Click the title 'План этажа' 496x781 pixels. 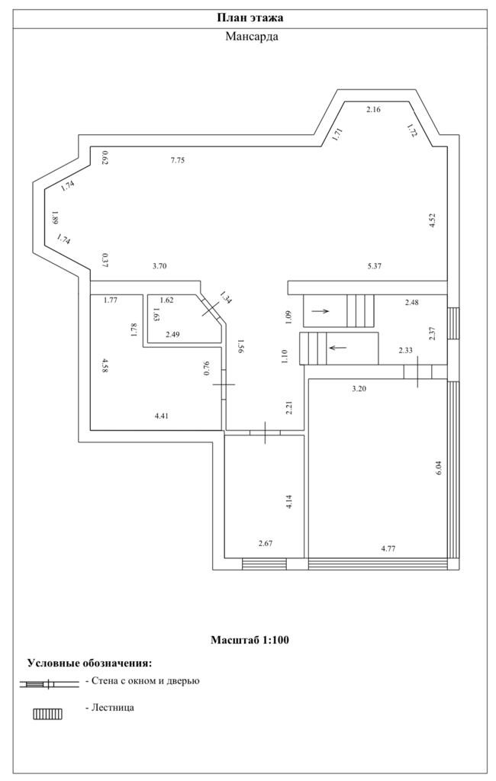250,18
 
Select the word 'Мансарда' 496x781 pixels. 251,36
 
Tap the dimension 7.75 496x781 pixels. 178,160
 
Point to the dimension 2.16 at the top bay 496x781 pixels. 373,110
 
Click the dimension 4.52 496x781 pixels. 432,222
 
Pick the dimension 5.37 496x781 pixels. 374,266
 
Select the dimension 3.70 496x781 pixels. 159,266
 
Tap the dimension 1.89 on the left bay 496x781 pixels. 54,217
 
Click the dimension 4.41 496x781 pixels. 162,416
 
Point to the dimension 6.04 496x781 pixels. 438,468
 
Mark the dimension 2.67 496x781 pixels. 266,544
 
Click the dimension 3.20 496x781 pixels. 359,389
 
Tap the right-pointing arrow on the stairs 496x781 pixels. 320,311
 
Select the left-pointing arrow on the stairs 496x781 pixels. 337,348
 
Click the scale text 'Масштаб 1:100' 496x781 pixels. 250,640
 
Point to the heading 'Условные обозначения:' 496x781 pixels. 90,663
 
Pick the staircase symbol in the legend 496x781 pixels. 47,714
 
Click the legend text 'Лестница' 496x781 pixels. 112,708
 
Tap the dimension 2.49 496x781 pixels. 173,335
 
